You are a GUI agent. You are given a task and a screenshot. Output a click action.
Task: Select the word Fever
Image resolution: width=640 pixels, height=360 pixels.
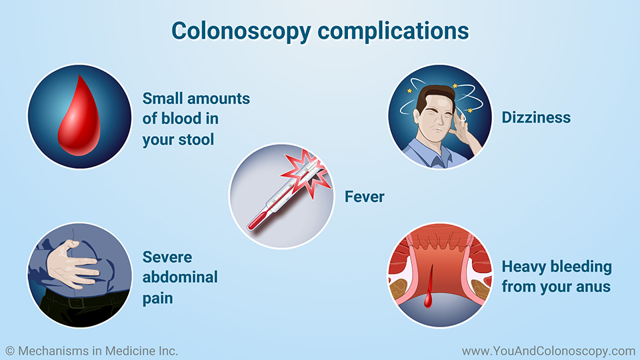pyautogui.click(x=364, y=197)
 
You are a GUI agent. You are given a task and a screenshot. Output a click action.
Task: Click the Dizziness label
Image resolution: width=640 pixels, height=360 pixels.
pyautogui.click(x=536, y=117)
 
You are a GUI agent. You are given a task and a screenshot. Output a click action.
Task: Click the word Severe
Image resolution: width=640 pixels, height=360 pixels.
pyautogui.click(x=167, y=257)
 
